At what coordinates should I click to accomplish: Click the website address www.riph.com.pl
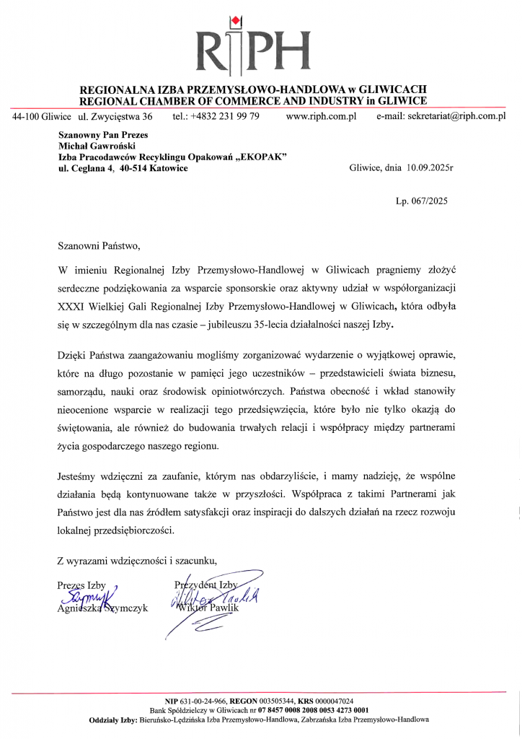322,115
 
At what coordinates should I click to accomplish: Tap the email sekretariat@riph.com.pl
456,115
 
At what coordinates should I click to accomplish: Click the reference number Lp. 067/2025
421,201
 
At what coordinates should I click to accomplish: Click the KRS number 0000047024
332,701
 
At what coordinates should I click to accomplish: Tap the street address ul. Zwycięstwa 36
115,115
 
